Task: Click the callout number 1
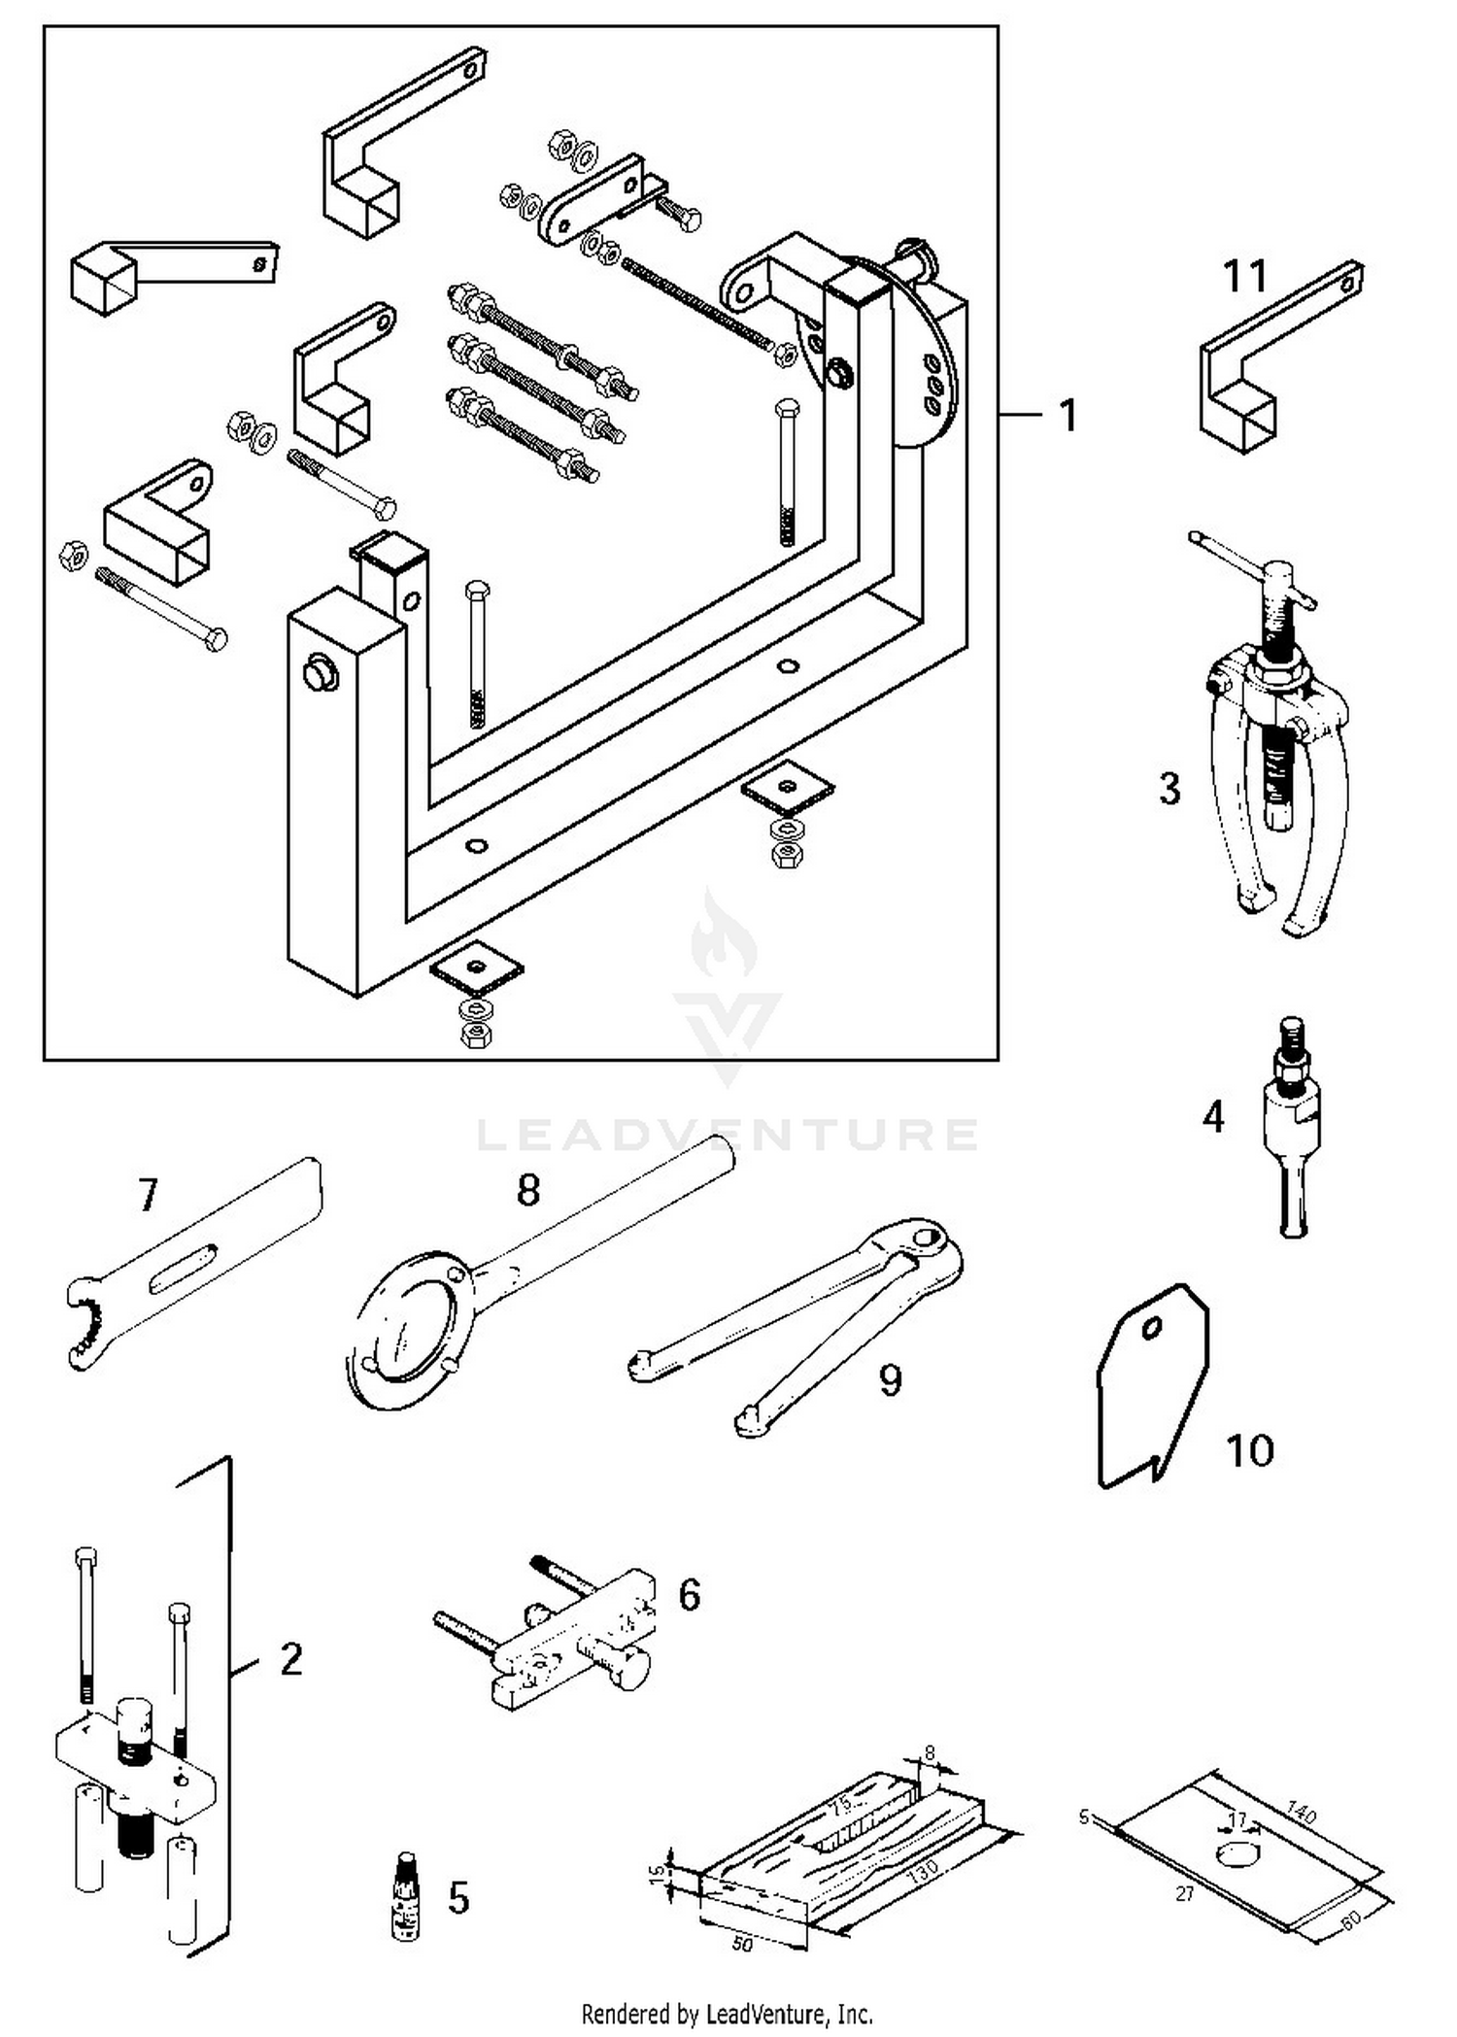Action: (x=1067, y=416)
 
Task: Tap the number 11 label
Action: (x=1244, y=276)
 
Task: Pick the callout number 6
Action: (x=689, y=1594)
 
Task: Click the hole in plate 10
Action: (x=1152, y=1329)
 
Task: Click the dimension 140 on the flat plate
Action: (x=1302, y=1813)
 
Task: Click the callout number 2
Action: (x=290, y=1659)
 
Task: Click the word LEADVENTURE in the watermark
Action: (x=728, y=1135)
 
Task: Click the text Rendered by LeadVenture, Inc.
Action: (x=727, y=2014)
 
